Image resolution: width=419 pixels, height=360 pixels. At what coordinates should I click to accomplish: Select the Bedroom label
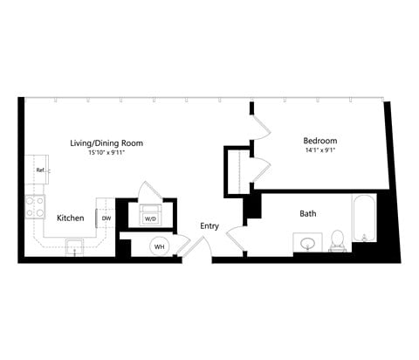pos(319,141)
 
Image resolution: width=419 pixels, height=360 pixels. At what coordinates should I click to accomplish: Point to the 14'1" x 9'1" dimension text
pos(319,151)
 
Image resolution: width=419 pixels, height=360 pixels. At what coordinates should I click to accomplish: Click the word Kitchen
pos(70,218)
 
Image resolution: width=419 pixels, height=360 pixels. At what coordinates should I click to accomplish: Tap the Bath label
pos(308,213)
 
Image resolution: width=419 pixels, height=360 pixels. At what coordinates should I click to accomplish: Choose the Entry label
pos(209,225)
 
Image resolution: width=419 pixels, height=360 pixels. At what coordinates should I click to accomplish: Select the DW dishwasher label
pos(106,218)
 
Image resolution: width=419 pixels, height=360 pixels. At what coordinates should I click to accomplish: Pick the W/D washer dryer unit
pos(150,216)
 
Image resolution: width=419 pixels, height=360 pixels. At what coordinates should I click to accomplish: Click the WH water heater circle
pos(160,246)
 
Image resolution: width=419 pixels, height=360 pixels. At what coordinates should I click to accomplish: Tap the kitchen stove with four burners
pos(36,207)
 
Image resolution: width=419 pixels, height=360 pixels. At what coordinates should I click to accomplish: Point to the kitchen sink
pos(75,245)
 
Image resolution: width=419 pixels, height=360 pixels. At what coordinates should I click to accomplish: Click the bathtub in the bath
pos(363,220)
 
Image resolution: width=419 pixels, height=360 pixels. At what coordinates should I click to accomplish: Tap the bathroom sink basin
pos(306,242)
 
